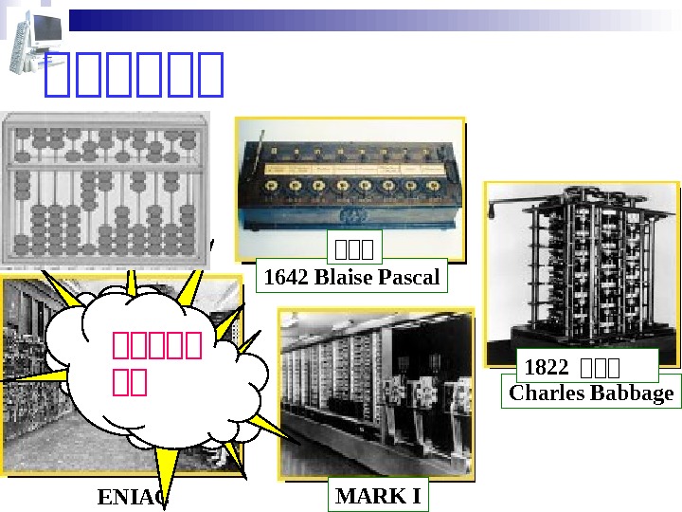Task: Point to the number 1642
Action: pos(284,278)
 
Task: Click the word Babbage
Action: pos(633,393)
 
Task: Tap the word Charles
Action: pos(543,393)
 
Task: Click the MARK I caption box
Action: pos(378,496)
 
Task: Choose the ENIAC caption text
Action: pos(133,497)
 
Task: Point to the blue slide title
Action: pos(134,75)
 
